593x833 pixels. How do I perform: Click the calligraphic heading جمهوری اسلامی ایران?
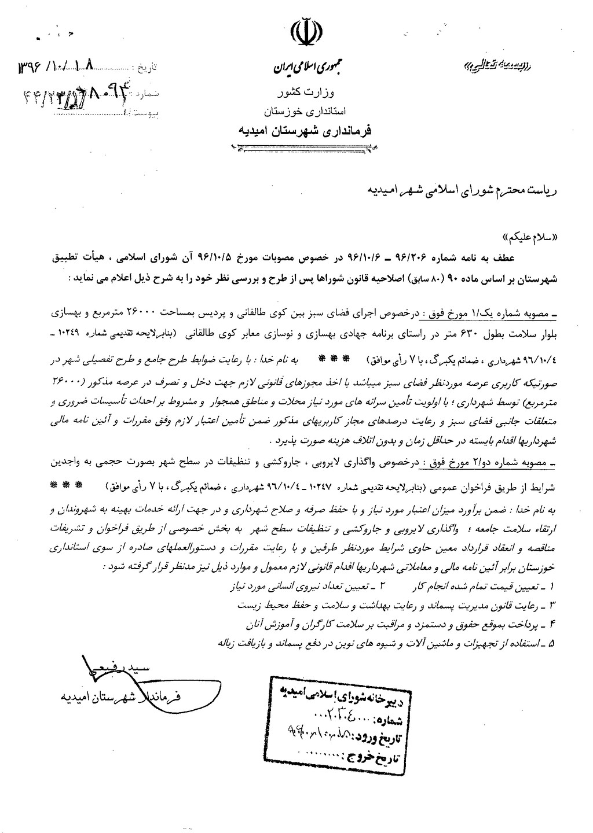[x=305, y=69]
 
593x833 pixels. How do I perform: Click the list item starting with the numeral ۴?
[x=400, y=623]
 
